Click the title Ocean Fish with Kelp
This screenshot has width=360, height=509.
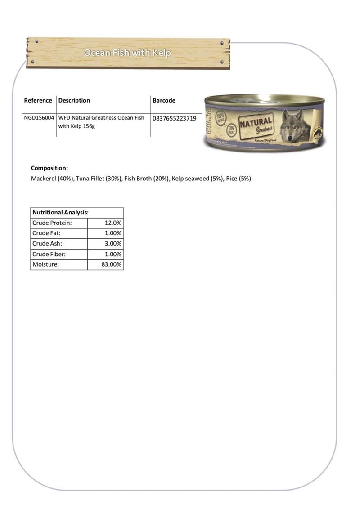tap(127, 53)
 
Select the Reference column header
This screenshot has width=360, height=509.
tap(38, 100)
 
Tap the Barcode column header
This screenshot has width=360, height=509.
tap(164, 100)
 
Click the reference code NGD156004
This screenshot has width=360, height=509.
tap(39, 118)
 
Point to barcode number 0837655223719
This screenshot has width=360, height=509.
tap(175, 118)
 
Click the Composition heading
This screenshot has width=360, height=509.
tap(49, 168)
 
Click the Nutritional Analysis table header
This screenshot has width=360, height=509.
tap(60, 212)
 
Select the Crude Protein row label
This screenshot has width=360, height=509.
tap(52, 223)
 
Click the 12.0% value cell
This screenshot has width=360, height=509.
tap(113, 223)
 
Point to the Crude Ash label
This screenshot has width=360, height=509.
tap(47, 243)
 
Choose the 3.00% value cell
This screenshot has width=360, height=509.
tap(113, 243)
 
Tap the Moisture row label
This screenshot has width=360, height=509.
tap(45, 264)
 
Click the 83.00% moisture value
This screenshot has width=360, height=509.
tap(112, 264)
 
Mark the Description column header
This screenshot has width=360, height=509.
tap(74, 100)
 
